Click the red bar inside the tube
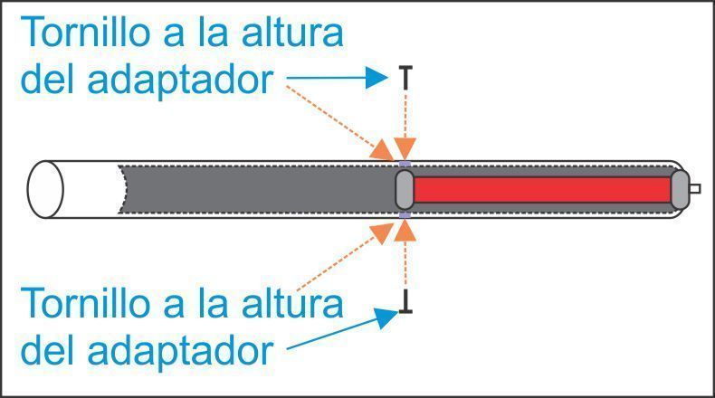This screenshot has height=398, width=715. click(x=542, y=190)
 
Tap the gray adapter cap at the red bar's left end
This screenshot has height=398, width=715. click(x=405, y=190)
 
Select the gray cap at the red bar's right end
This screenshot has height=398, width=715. click(x=680, y=189)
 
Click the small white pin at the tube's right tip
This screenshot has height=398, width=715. click(x=695, y=189)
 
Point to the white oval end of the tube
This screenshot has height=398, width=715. click(x=45, y=189)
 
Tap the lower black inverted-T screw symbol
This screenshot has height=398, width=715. click(x=405, y=301)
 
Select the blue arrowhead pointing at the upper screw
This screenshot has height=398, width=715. click(x=377, y=78)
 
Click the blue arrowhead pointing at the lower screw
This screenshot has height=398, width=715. click(x=386, y=317)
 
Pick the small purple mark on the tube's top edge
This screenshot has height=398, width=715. click(x=405, y=164)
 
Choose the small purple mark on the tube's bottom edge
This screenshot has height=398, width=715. click(x=405, y=215)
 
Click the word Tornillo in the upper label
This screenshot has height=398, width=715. click(x=87, y=32)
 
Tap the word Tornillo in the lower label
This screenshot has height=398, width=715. click(x=87, y=303)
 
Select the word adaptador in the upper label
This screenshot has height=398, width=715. click(x=180, y=80)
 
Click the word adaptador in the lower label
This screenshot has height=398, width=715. click(x=180, y=351)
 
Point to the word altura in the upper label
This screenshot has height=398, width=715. click(x=291, y=32)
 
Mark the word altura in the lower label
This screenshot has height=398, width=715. click(x=291, y=303)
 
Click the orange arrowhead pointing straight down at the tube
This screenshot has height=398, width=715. click(x=405, y=149)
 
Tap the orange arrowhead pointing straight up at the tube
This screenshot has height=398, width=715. click(x=405, y=230)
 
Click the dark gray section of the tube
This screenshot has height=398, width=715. click(x=258, y=189)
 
